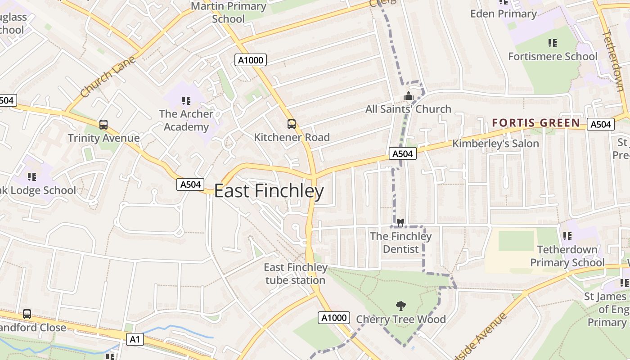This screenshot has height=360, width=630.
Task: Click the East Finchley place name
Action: pos(269,191)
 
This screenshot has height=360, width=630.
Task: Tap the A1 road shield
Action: pos(135,339)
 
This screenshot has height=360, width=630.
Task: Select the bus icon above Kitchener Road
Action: pos(292,124)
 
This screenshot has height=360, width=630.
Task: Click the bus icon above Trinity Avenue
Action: pos(103,125)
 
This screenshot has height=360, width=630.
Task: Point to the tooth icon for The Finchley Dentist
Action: pos(400,222)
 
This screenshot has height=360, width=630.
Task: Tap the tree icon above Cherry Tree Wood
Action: pos(400,306)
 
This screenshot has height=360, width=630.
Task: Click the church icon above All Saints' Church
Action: pos(408,96)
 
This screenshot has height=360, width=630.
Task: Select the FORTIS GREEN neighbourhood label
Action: pos(535,123)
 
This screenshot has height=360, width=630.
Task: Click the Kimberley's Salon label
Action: pos(495,144)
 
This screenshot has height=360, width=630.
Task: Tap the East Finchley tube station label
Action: pos(295,274)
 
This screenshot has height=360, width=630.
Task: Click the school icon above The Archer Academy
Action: pos(186,100)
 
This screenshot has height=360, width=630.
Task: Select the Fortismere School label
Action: pos(553,57)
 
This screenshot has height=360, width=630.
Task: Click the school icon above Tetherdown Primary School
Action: pos(567,236)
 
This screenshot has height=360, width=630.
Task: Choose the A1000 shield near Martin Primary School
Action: pos(251,60)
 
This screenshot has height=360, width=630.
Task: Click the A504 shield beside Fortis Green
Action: pos(600,124)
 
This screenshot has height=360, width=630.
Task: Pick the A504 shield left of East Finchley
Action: pos(190,184)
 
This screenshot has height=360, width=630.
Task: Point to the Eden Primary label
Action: pos(504,14)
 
